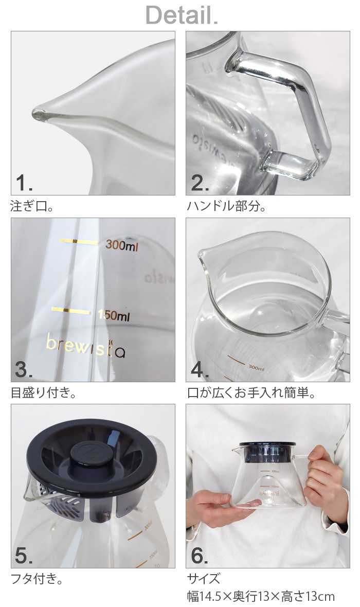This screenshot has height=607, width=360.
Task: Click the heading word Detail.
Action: (182, 15)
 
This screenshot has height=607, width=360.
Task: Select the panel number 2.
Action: (200, 183)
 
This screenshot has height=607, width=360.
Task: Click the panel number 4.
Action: (200, 369)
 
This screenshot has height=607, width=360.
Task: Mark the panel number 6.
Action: (200, 556)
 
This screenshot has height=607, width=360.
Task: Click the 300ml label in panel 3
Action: (122, 246)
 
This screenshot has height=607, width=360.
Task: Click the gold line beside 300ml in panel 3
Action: (78, 242)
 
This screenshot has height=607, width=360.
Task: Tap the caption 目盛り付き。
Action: (44, 394)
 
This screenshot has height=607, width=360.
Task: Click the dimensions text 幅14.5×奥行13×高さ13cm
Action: (260, 597)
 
